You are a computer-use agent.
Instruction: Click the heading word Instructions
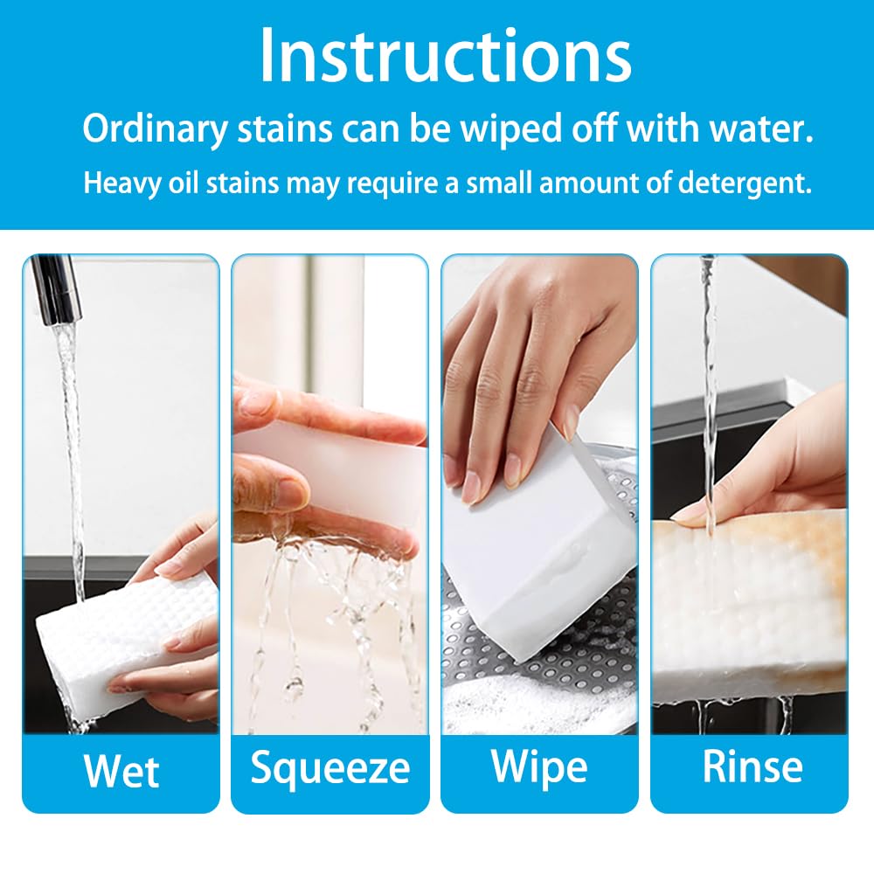[x=445, y=57]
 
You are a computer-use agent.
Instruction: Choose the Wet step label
[x=121, y=771]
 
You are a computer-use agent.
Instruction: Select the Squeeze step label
[x=329, y=767]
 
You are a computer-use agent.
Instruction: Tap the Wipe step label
[x=539, y=766]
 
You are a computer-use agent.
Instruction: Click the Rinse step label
[x=752, y=766]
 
